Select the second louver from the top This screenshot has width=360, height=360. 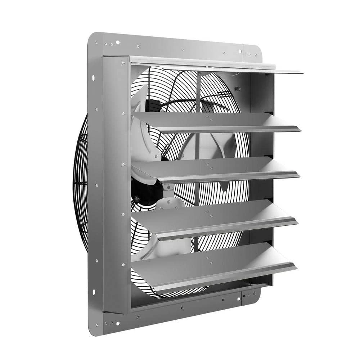216,121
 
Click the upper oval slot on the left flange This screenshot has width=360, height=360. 93,78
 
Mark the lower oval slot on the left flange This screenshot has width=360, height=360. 93,291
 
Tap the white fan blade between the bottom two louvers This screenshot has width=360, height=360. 166,248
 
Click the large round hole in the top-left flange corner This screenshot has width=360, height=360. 117,43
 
